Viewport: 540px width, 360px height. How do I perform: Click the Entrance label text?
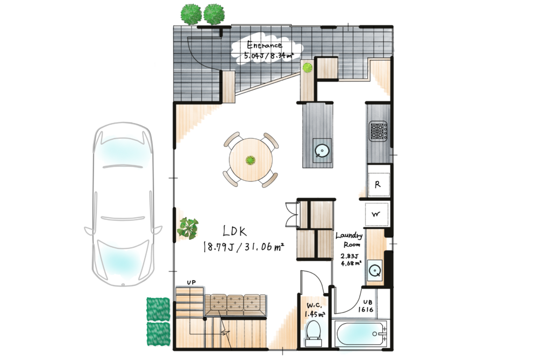(x=265, y=45)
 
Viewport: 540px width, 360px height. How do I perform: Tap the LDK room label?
(x=235, y=231)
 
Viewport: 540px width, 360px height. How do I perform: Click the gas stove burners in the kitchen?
(x=378, y=131)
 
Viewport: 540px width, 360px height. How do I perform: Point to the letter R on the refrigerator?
(x=377, y=185)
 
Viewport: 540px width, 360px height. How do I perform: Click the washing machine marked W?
(x=376, y=214)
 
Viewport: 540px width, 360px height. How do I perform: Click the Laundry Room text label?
(x=349, y=240)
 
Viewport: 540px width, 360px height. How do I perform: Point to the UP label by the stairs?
(x=191, y=283)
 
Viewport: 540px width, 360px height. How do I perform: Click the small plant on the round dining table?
(x=251, y=160)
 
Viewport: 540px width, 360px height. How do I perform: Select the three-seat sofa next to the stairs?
(x=235, y=304)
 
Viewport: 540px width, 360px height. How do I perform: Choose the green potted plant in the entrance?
(x=307, y=67)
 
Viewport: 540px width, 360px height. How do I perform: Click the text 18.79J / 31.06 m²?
(x=244, y=247)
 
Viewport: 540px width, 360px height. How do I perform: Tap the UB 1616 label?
(x=366, y=305)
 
